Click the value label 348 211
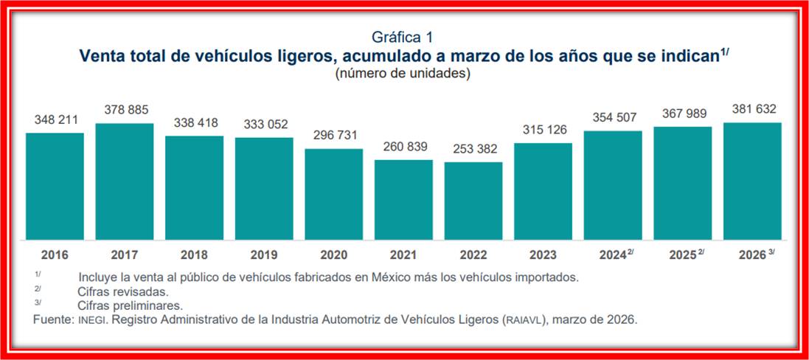click(x=55, y=119)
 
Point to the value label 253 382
click(x=473, y=148)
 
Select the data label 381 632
click(x=751, y=109)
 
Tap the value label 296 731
click(x=334, y=135)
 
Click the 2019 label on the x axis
click(x=264, y=255)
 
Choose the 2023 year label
click(x=543, y=255)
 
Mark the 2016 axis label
click(x=55, y=255)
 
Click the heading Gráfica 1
click(x=403, y=37)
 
